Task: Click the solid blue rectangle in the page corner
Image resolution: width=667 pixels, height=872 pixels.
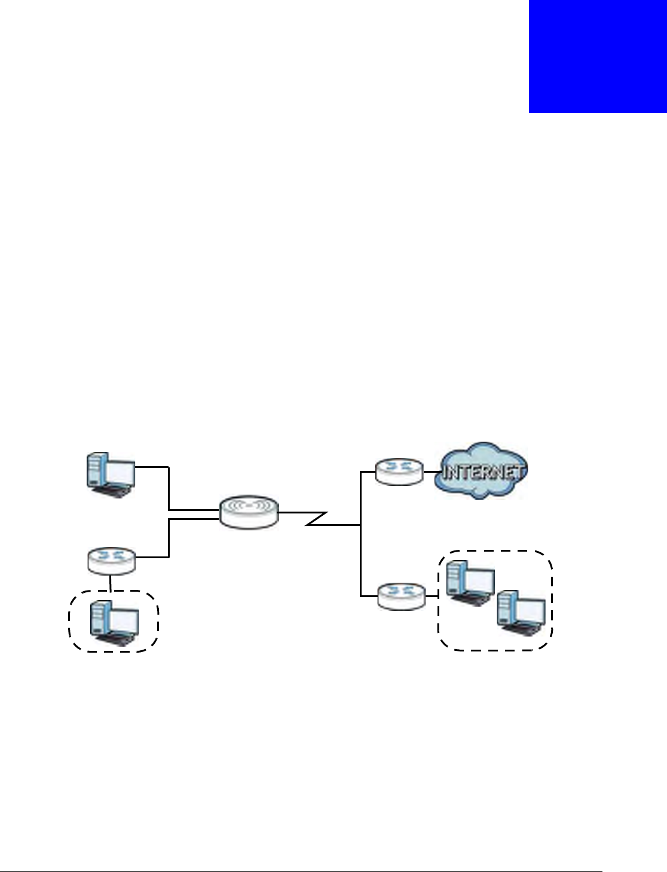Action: [598, 56]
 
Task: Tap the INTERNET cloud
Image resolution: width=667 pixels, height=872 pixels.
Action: [483, 472]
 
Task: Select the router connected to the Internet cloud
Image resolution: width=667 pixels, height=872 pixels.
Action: [399, 472]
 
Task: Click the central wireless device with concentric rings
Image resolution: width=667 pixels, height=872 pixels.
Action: [249, 512]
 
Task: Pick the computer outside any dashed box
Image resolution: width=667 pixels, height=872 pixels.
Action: [110, 475]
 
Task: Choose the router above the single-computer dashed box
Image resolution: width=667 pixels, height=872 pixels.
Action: [111, 560]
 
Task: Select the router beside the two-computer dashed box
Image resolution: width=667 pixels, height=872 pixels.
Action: [402, 596]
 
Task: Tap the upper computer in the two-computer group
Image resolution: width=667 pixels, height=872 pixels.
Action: [470, 583]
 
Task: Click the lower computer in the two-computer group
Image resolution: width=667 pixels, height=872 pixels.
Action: [521, 612]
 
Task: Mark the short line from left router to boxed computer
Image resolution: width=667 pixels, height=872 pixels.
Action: [111, 583]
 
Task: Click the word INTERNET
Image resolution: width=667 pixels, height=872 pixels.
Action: [483, 473]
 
